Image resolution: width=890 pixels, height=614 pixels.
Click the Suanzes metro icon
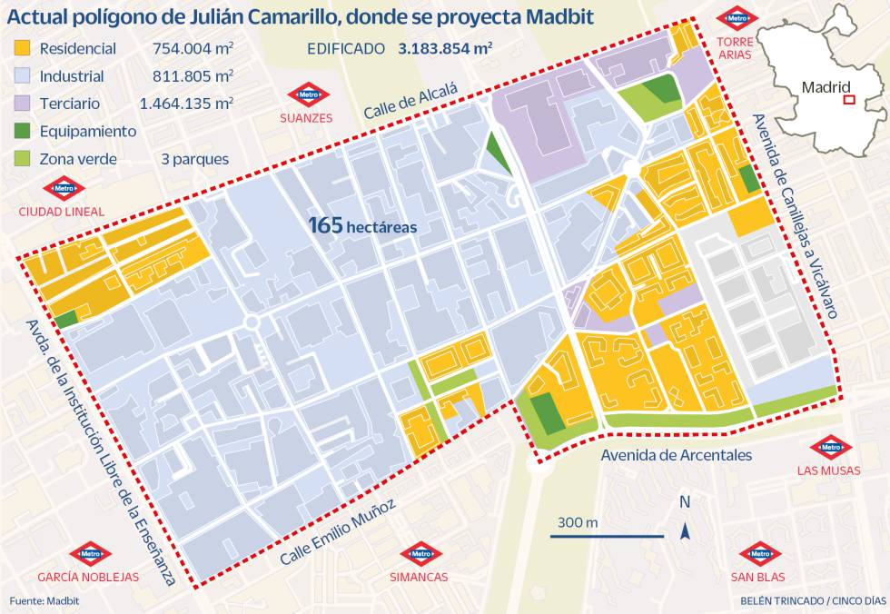point(306,94)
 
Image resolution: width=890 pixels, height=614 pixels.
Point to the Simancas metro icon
point(419,554)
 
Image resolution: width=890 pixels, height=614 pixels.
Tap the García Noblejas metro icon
point(88,554)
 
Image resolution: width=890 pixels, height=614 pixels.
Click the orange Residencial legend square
point(23,48)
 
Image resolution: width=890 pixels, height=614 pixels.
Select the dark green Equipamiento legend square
point(23,131)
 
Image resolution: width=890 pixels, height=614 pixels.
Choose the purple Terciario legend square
point(23,104)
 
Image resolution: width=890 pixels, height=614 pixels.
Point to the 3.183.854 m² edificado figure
point(445,48)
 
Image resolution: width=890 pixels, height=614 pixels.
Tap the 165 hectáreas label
point(361,224)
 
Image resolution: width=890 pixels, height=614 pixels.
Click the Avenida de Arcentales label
point(676,454)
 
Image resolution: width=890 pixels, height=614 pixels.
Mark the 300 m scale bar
point(607,537)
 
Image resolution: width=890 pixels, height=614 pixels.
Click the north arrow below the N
point(686,530)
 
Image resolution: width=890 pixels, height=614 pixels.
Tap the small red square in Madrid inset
point(849,100)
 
